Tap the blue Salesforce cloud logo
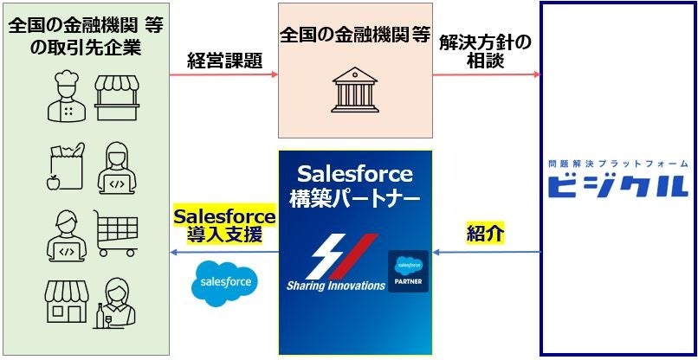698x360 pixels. coord(225,280)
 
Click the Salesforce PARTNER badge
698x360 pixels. coord(408,271)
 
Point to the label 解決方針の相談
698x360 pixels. coord(485,51)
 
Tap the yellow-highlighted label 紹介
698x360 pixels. coord(485,233)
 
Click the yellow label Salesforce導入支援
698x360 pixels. coord(224,224)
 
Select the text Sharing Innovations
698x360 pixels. coord(336,285)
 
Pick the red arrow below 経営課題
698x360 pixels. coord(223,76)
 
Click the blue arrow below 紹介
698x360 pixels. coord(485,253)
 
